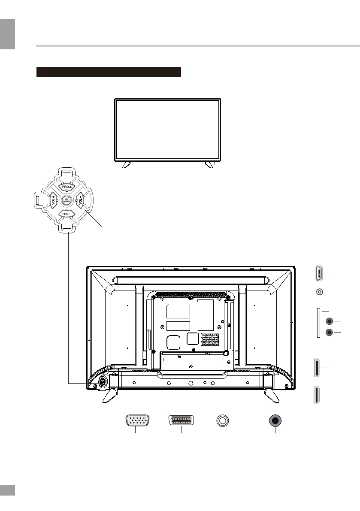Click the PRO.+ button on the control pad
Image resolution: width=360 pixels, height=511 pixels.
(x=67, y=187)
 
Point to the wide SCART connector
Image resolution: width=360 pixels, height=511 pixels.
(x=182, y=420)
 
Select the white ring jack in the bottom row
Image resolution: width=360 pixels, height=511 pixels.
(x=222, y=420)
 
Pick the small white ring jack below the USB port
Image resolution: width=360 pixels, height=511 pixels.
(x=319, y=292)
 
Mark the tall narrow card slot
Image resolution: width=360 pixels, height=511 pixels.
(x=318, y=322)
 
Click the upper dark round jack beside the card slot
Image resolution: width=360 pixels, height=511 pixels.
(x=330, y=321)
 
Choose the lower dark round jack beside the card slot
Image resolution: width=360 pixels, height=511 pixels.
(x=330, y=332)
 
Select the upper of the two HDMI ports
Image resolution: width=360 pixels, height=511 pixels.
(x=318, y=368)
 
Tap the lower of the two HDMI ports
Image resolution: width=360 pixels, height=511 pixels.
(x=318, y=395)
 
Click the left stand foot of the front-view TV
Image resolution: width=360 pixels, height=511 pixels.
(x=127, y=164)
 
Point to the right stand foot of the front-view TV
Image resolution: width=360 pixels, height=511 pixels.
(x=209, y=164)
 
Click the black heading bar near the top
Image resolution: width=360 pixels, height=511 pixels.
(x=109, y=72)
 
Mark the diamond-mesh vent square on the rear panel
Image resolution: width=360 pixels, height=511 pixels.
(x=210, y=340)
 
